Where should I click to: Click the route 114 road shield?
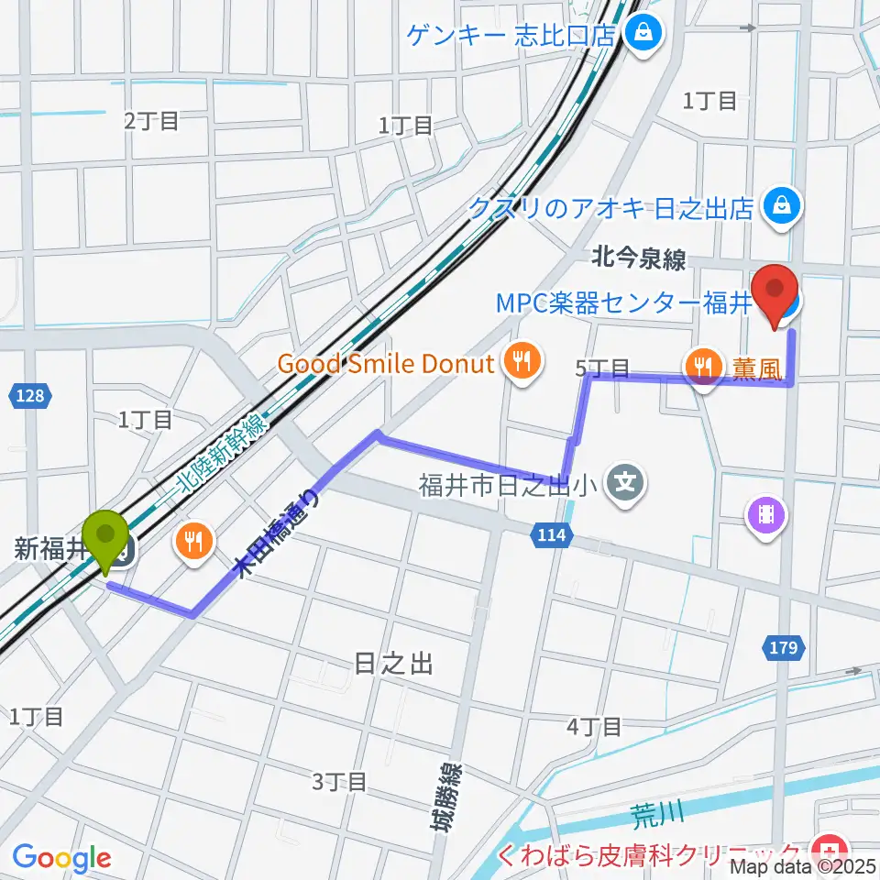552,533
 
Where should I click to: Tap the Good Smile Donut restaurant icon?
522,362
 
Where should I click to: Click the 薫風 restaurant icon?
703,368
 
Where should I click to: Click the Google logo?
61,857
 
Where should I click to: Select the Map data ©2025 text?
803,865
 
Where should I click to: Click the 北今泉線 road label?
640,260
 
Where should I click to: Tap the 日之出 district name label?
393,664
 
